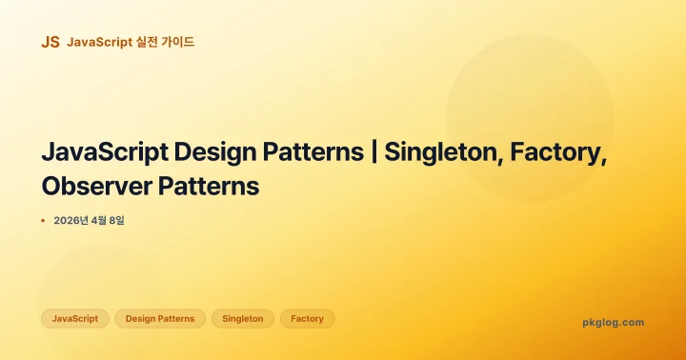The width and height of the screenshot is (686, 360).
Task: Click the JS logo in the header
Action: [x=50, y=42]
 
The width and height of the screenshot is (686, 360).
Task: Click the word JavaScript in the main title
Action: [x=105, y=152]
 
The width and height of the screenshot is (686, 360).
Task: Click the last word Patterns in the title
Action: [x=212, y=186]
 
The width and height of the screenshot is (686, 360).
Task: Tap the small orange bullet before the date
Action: [x=43, y=221]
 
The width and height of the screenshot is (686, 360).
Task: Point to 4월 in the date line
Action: [x=101, y=221]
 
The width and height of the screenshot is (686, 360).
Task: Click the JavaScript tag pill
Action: [x=75, y=319]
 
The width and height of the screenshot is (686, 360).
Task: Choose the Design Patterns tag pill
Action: [x=160, y=319]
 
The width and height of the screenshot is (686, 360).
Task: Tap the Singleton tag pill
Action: [x=242, y=319]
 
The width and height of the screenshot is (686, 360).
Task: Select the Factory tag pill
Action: [x=307, y=319]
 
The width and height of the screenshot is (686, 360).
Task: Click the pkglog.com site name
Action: [x=613, y=322]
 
